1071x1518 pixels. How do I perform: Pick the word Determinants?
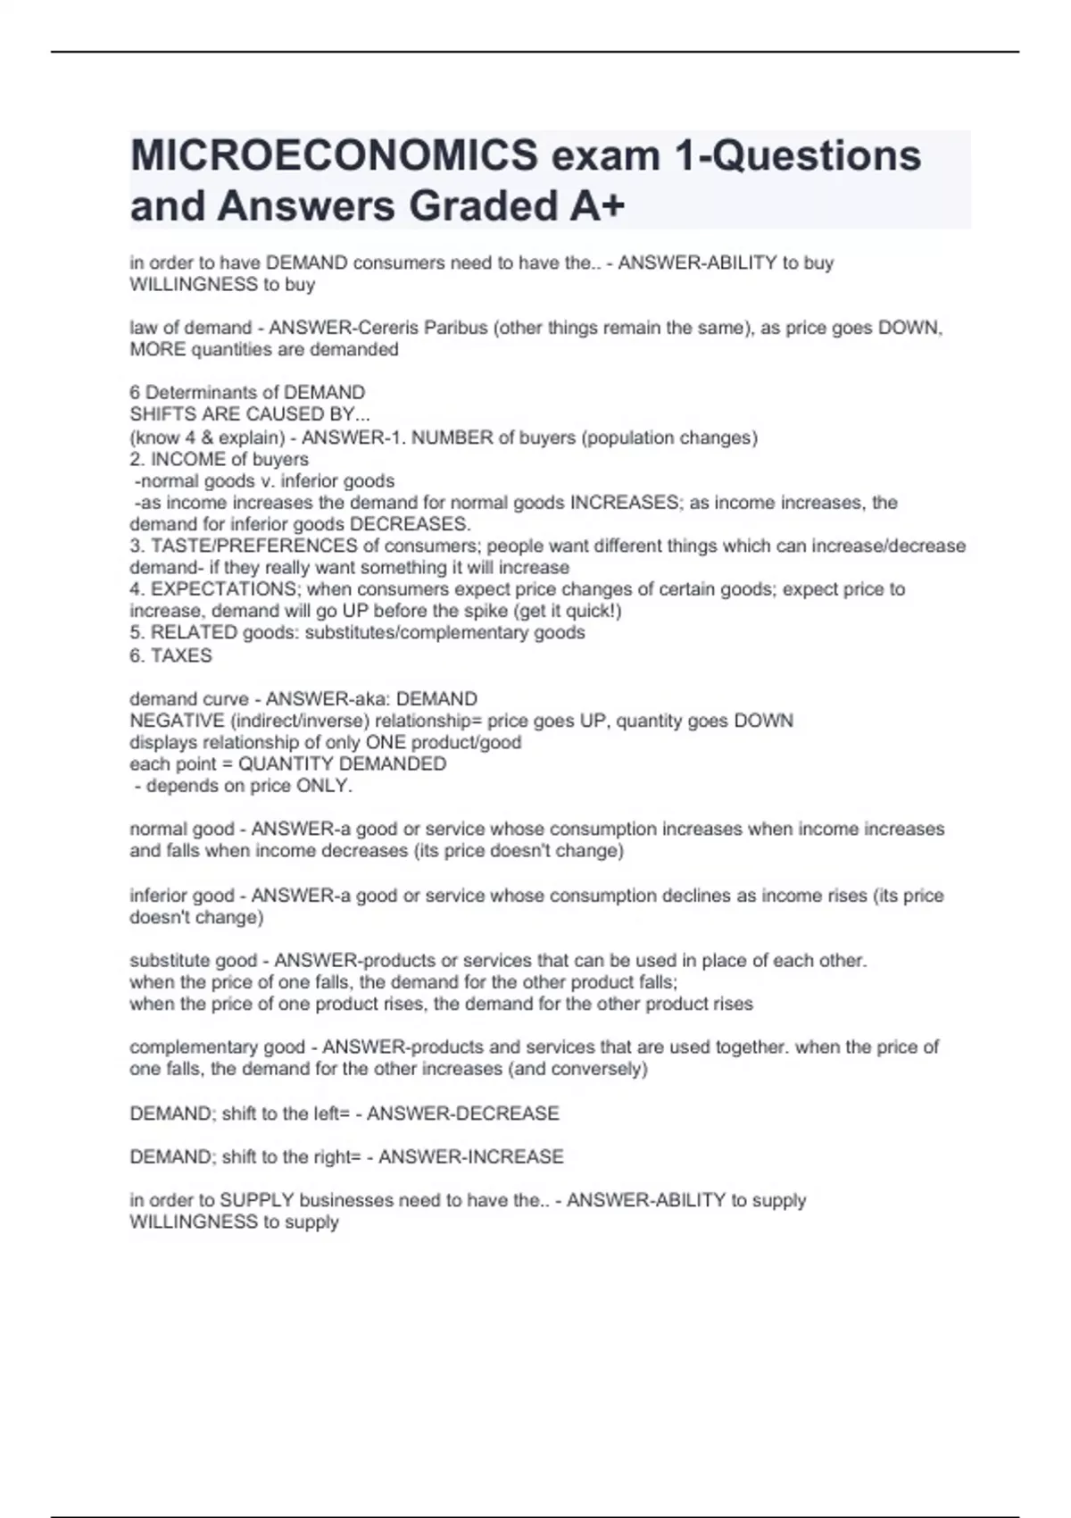[212, 392]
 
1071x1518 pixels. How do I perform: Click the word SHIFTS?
[160, 414]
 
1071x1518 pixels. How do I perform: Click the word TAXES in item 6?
[182, 655]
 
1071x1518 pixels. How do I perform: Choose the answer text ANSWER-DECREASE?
[463, 1113]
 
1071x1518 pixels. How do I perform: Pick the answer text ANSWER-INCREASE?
[471, 1156]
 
